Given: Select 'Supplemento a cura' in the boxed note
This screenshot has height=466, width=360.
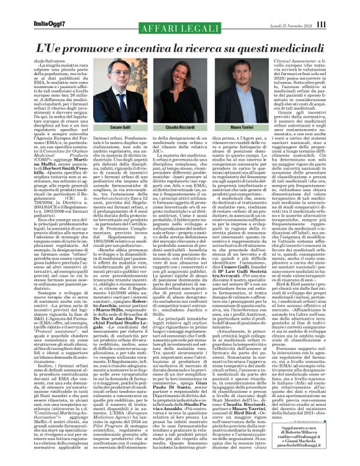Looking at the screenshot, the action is point(308,430).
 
